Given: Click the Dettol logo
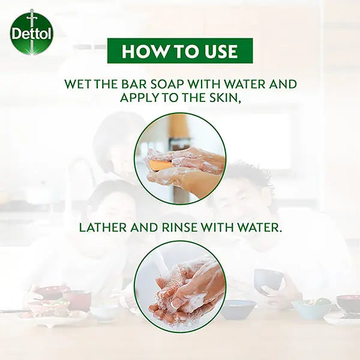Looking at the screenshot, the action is click(32, 32).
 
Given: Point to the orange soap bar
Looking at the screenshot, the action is click(160, 166).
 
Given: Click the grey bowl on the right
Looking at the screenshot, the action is click(269, 282).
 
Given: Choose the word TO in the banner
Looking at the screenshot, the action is click(181, 51).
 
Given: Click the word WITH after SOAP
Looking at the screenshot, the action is click(205, 84).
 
